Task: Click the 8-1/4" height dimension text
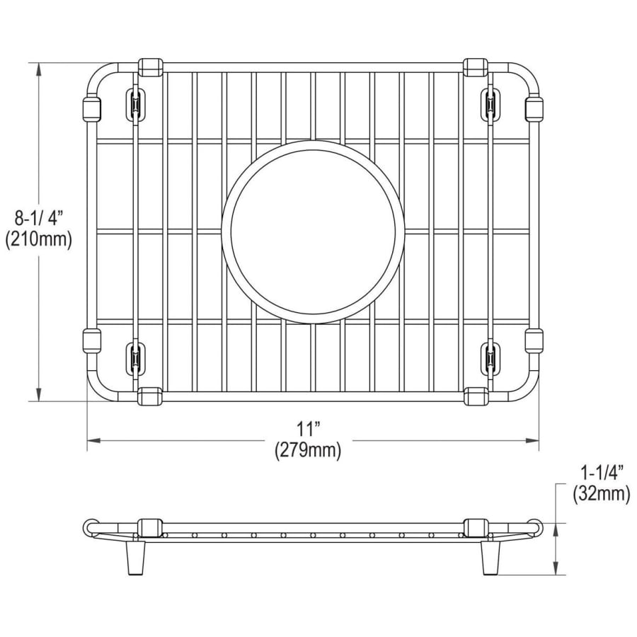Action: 40,219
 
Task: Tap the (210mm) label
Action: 39,240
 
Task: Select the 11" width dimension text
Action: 308,430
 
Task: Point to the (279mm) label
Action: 308,451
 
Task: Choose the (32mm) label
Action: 601,494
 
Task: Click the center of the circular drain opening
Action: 313,232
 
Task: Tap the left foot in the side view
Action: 136,559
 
